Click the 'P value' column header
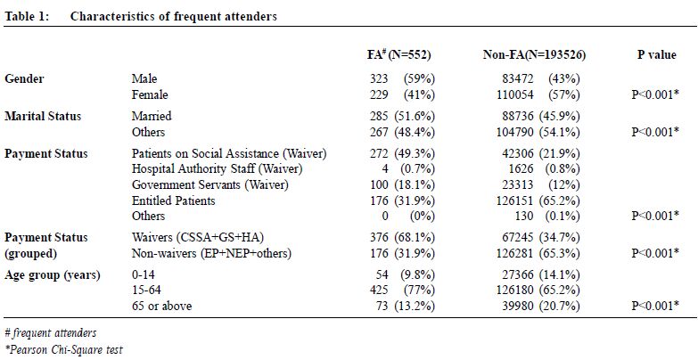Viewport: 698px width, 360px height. (x=657, y=54)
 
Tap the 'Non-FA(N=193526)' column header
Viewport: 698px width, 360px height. (x=534, y=54)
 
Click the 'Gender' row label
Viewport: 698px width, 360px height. (x=24, y=78)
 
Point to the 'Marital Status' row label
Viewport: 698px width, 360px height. (x=43, y=116)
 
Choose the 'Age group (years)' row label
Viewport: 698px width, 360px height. (x=53, y=275)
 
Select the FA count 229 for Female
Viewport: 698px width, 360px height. (x=379, y=94)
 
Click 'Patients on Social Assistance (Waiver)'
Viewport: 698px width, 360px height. (x=229, y=153)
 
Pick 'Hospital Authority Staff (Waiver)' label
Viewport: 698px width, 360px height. (x=218, y=169)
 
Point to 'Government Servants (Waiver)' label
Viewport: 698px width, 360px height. (x=210, y=184)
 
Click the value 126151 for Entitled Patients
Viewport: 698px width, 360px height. (x=514, y=200)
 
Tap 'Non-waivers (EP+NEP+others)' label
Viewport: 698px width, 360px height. (x=211, y=253)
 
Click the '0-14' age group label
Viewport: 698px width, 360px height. (x=144, y=274)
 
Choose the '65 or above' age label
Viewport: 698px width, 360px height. (x=161, y=307)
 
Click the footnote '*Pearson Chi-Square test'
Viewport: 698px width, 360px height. (x=63, y=350)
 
